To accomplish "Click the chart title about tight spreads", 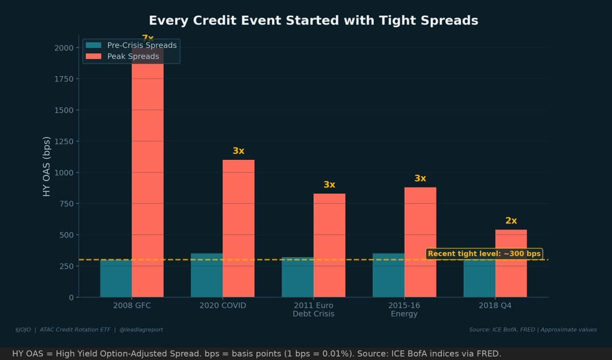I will point(313,20).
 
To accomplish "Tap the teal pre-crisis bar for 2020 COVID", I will point(207,275).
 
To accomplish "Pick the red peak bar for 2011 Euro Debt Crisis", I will point(329,245).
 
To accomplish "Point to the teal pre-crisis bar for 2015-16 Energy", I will point(388,275).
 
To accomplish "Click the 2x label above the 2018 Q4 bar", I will point(511,221).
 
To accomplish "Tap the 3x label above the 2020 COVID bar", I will point(238,151).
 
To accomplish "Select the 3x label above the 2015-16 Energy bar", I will point(420,178).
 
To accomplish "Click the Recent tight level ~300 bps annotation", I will point(483,253).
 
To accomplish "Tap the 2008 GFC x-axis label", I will point(132,305).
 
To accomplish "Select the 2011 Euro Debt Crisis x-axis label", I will point(313,310).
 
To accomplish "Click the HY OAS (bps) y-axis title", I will point(46,167).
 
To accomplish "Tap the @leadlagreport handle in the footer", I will point(141,329).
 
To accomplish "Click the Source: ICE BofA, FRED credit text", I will point(502,329).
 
